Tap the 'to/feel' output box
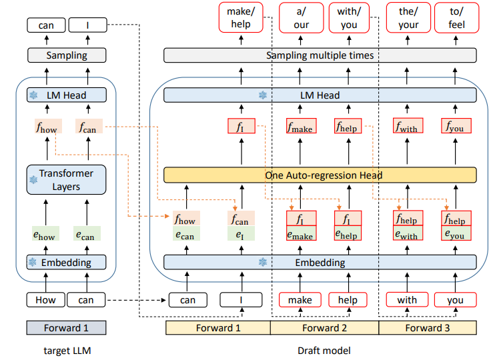tap(456, 18)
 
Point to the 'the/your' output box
tap(408, 18)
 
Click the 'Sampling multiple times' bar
tap(320, 55)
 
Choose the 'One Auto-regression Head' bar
tap(320, 175)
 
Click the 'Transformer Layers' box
tap(66, 180)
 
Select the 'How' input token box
tap(45, 300)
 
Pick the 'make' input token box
tap(300, 300)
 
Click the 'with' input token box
tap(407, 300)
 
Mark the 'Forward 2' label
tap(324, 327)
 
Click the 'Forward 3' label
tap(428, 327)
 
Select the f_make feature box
tap(300, 126)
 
